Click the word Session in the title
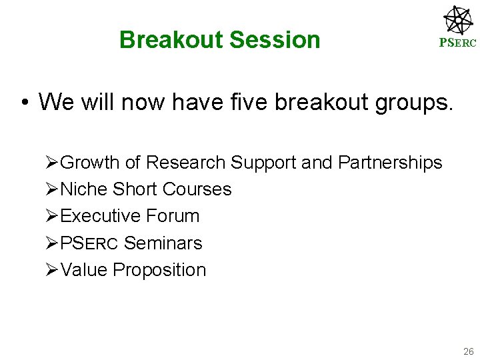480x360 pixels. pos(275,40)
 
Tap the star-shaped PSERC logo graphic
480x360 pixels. pos(458,20)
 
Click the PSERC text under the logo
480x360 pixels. pos(457,43)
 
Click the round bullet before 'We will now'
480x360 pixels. pos(23,103)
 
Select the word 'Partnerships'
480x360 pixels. pos(390,163)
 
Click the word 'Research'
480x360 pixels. pos(186,163)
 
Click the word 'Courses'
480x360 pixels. pos(197,189)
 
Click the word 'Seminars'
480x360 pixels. pos(163,243)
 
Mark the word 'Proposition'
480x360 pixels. pos(159,270)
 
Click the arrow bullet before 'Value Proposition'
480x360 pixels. pos(53,270)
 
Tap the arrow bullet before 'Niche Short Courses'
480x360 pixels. pos(53,189)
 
